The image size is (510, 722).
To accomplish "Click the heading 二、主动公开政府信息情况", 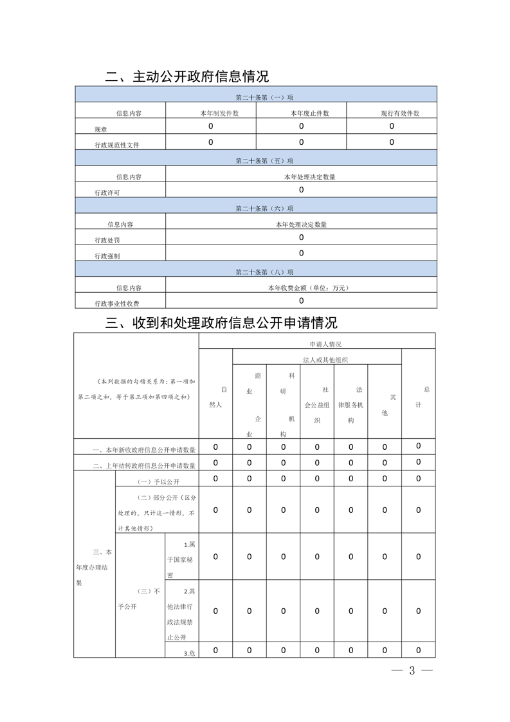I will coord(187,77).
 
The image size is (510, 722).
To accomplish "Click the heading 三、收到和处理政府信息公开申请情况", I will coord(221,322).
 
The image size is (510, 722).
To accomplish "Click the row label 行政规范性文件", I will coord(117,145).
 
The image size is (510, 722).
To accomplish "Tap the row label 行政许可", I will coord(107,192).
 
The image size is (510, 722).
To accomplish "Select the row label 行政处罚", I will coord(107,240).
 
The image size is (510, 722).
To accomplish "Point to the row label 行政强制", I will coord(107,256).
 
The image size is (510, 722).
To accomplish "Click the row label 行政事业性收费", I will coord(117,304).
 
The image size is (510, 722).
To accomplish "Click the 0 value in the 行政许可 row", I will coord(301,190).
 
